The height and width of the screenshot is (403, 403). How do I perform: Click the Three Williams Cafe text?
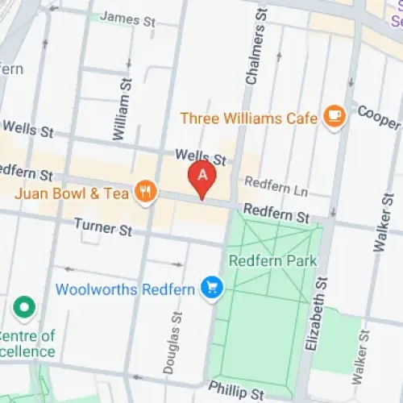coord(247,118)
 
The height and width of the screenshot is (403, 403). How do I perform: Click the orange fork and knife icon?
coord(146,192)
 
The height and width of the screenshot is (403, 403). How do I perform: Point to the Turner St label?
coord(102,229)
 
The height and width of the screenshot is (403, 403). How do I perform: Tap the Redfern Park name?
coord(272,261)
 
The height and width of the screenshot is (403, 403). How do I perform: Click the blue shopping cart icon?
coord(212,287)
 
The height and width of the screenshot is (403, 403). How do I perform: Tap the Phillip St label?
coord(235,392)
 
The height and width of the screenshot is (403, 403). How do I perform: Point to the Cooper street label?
coord(379,118)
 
